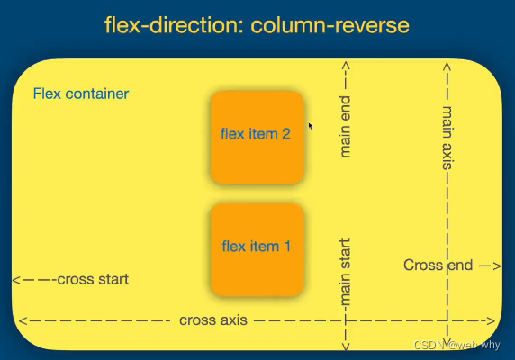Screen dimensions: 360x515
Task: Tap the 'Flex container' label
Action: point(80,94)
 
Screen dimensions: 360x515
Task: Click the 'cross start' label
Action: point(92,279)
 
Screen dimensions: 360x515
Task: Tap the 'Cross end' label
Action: point(438,265)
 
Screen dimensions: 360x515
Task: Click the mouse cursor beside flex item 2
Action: point(311,126)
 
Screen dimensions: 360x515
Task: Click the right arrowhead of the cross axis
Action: point(491,320)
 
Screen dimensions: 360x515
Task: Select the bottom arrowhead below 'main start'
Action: point(345,347)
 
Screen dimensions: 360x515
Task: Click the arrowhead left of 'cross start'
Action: point(16,280)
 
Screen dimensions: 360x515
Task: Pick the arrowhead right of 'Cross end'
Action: point(496,265)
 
